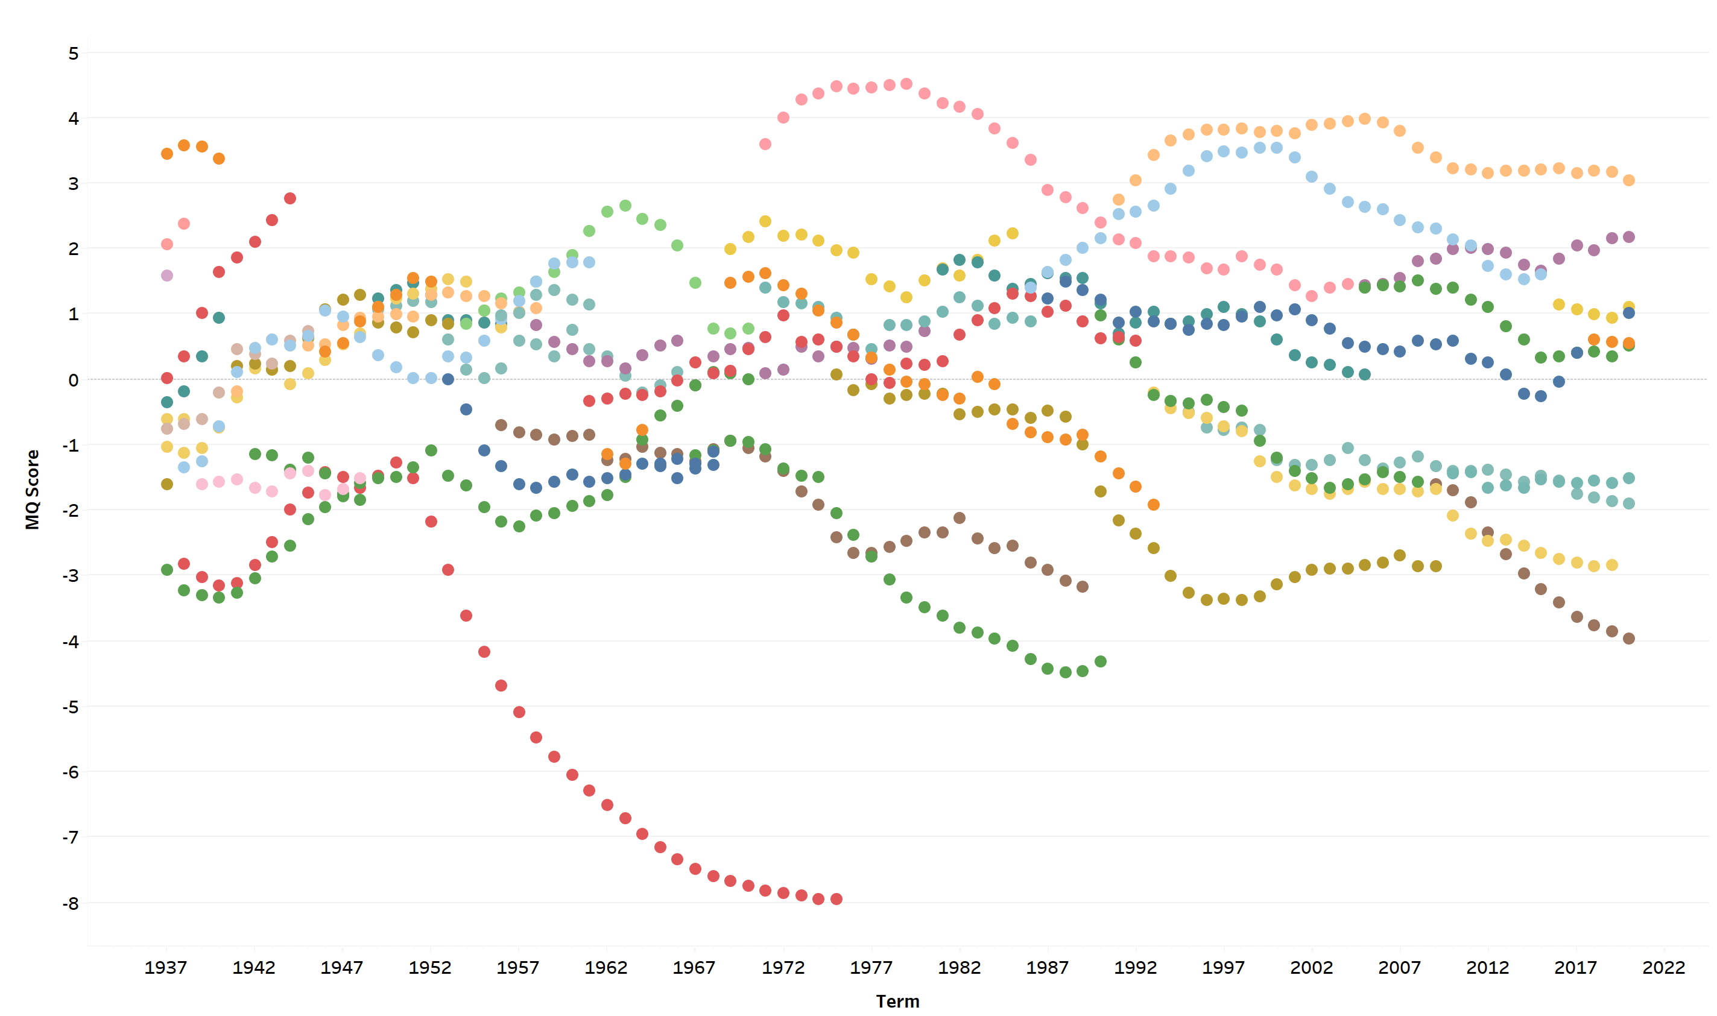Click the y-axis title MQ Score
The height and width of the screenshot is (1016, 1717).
point(32,489)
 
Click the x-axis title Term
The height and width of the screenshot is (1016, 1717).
point(897,1001)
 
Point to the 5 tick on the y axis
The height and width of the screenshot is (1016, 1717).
point(73,54)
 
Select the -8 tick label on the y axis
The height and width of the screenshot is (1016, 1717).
point(71,903)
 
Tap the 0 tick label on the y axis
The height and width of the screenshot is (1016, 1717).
point(73,380)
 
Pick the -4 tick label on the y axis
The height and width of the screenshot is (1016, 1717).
point(71,642)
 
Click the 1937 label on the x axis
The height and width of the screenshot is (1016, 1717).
point(166,967)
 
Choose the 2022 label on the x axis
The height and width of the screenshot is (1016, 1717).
point(1663,967)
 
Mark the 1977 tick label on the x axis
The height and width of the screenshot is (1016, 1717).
point(871,967)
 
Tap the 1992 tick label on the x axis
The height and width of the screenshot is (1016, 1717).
point(1135,967)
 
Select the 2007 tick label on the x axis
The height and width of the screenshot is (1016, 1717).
point(1399,967)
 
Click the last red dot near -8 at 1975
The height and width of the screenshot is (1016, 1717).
point(836,899)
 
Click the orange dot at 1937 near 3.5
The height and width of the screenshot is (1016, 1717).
point(167,154)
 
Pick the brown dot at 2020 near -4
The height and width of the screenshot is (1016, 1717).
point(1629,639)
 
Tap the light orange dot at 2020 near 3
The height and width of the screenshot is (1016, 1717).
point(1629,181)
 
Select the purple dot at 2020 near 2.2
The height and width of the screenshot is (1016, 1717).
point(1629,237)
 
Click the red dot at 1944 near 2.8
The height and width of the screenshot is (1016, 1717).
point(289,198)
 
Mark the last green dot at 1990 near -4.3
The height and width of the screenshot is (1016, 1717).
point(1100,661)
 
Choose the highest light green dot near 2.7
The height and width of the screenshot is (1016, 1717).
point(625,206)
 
